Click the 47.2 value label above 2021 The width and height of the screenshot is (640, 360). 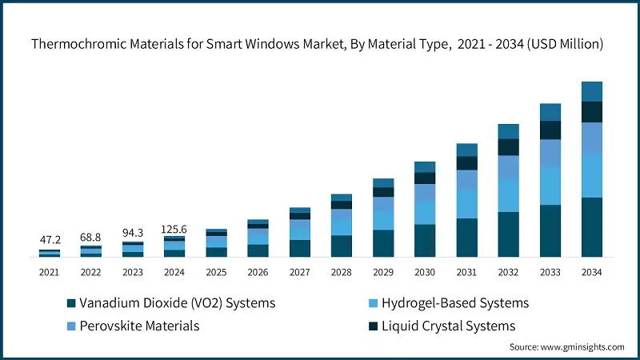click(49, 239)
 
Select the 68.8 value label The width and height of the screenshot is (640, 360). click(90, 238)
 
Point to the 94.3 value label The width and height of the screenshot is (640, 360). click(132, 233)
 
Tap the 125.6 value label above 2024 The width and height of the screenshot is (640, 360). click(174, 230)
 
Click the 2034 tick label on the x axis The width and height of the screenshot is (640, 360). click(591, 273)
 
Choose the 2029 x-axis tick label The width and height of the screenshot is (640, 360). click(383, 273)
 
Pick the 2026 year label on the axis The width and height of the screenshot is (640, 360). click(258, 273)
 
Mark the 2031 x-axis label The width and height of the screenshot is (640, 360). click(466, 273)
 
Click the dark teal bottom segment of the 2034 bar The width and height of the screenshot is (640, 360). click(591, 227)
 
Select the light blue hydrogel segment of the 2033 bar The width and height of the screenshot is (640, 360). click(550, 186)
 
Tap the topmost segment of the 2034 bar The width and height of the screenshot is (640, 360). click(591, 91)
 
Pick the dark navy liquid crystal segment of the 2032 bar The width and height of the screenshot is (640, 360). click(508, 147)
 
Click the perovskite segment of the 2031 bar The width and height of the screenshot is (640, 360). click(466, 181)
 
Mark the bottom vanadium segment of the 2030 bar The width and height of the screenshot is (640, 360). click(425, 241)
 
